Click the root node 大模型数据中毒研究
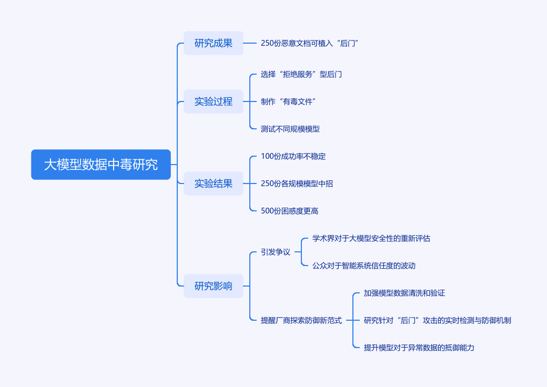click(101, 165)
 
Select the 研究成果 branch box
click(214, 43)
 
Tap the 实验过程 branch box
click(214, 101)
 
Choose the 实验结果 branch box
click(214, 184)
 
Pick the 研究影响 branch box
click(214, 286)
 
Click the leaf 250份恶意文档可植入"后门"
click(309, 43)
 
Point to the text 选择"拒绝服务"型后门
click(301, 74)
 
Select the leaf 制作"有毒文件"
click(288, 101)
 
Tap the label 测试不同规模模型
click(290, 129)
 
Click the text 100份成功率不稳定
click(293, 156)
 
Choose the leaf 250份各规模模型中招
click(297, 184)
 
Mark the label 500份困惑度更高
click(289, 211)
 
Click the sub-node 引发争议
click(276, 252)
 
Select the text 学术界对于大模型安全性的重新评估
click(371, 238)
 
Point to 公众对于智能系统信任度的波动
click(364, 266)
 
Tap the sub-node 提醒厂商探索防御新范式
click(301, 320)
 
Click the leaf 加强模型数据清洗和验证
click(404, 293)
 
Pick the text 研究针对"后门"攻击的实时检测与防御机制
click(438, 320)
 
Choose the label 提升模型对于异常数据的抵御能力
click(419, 348)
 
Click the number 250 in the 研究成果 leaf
click(267, 43)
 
